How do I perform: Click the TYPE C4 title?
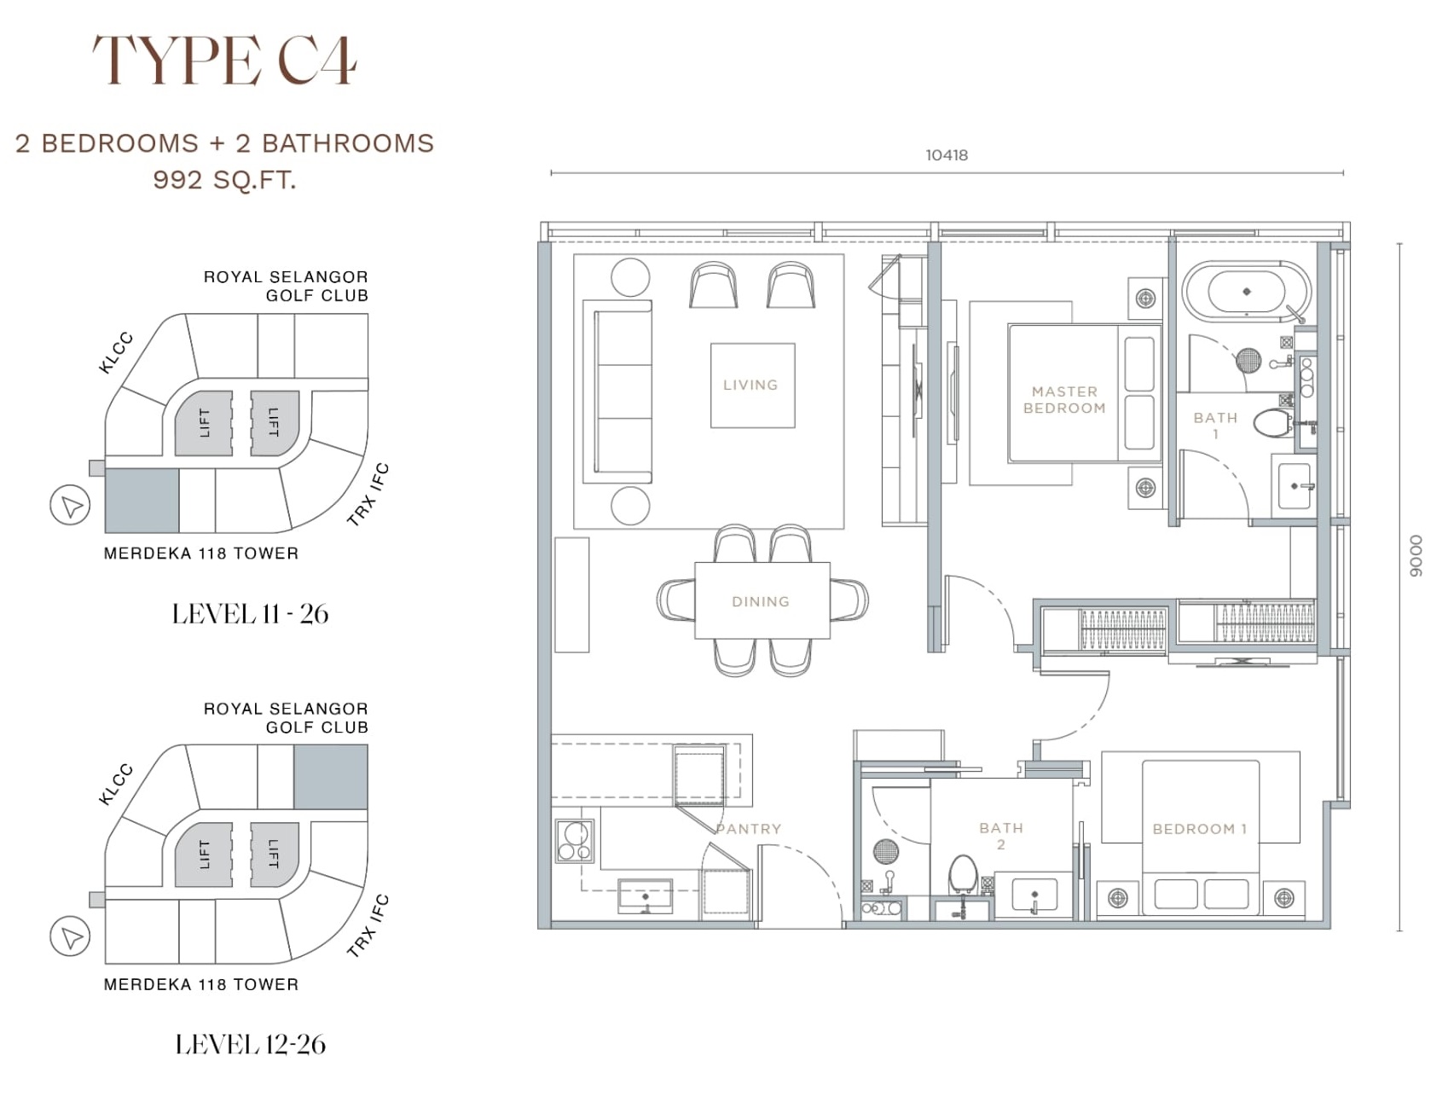coord(224,61)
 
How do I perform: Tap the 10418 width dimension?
coord(947,155)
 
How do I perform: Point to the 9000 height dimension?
coord(1416,556)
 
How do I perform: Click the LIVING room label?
coord(750,385)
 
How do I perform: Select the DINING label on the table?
coord(761,601)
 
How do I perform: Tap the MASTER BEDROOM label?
coord(1064,400)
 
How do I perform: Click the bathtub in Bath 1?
coord(1246,292)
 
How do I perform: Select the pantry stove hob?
coord(574,841)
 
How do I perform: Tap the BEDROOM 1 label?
coord(1199,829)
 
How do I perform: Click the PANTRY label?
coord(749,829)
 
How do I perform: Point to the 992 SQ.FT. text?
coord(224,180)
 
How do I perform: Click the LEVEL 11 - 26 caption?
coord(250,614)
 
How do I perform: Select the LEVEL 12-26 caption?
coord(250,1045)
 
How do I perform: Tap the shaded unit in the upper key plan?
coord(142,501)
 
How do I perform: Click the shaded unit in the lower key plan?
coord(331,777)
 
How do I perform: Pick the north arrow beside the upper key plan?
coord(71,505)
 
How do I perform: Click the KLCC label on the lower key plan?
coord(116,785)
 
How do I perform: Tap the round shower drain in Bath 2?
coord(886,851)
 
